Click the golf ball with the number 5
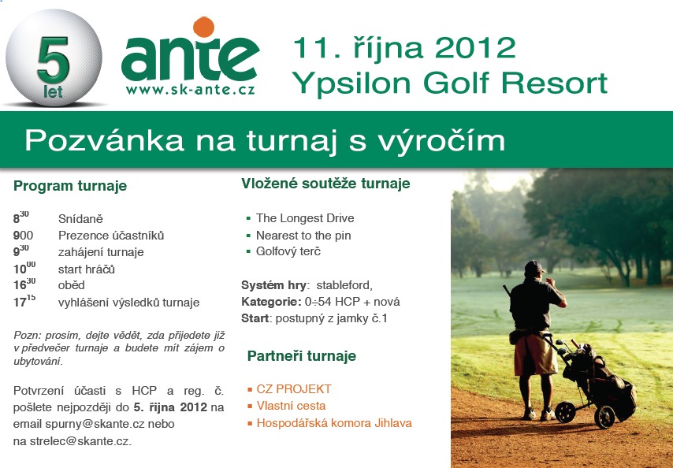(x=54, y=58)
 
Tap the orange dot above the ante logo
(x=203, y=27)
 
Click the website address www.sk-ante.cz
(x=190, y=90)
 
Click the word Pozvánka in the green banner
(x=104, y=140)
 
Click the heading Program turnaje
(x=70, y=186)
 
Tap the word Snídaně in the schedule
(x=80, y=218)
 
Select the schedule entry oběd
(x=71, y=285)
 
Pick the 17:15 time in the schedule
(x=24, y=301)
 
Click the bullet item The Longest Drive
(x=305, y=218)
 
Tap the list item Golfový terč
(x=288, y=251)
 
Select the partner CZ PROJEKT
(x=294, y=389)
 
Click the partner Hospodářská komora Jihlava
(x=334, y=423)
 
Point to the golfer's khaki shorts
(x=534, y=354)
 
